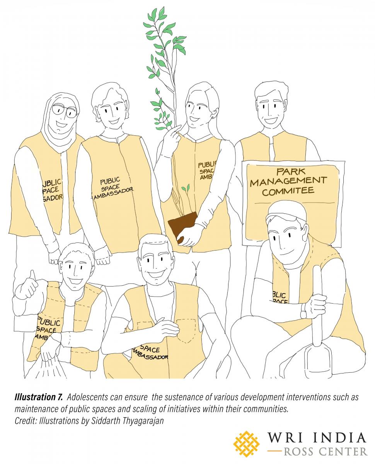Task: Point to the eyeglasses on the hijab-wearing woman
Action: pos(63,111)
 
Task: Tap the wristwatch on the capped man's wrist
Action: pos(304,310)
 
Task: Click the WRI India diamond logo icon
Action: pos(247,444)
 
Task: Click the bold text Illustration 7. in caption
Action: pos(38,397)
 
